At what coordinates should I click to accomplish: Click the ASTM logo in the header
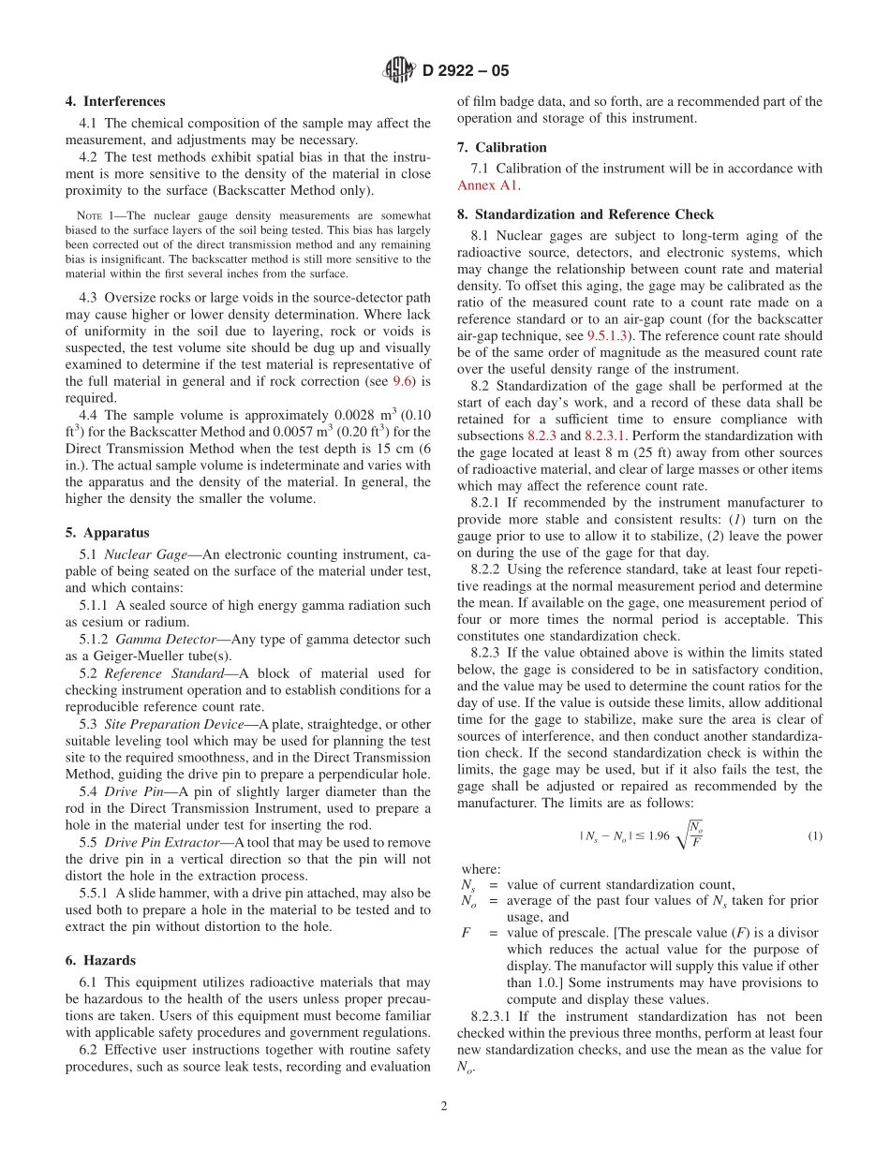[400, 69]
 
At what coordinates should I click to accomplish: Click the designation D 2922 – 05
[466, 70]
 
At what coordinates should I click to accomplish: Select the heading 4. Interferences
[115, 101]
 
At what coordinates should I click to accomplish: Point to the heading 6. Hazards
[100, 960]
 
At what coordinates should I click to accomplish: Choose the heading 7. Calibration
[501, 147]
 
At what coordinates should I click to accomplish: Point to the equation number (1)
[814, 835]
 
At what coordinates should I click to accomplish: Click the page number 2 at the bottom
[444, 1105]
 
